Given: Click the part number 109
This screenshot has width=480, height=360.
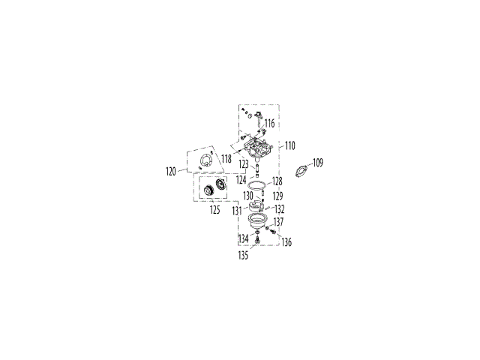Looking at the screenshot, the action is [x=318, y=162].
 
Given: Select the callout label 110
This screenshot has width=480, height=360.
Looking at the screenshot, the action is [x=290, y=145].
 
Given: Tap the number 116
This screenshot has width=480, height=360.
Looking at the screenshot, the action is [x=269, y=122].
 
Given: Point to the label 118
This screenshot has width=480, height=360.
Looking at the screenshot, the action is [x=226, y=159].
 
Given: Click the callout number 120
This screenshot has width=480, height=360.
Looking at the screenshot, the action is [x=171, y=171].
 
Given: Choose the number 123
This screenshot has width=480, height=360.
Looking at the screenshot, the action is [x=244, y=163].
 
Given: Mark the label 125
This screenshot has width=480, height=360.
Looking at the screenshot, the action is [x=215, y=209].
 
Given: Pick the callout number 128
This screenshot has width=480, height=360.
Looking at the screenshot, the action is [x=277, y=181].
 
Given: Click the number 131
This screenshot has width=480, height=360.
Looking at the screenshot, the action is [x=237, y=211].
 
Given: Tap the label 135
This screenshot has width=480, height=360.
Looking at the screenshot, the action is [x=243, y=255].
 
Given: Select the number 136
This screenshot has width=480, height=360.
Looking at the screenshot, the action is [x=286, y=241].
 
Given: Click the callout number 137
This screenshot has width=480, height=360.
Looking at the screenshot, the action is [x=278, y=222].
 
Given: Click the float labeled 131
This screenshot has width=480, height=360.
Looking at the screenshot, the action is [x=256, y=205].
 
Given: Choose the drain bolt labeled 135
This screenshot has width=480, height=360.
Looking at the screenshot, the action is [x=257, y=240].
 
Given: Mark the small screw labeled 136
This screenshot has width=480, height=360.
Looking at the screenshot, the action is [x=276, y=232].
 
